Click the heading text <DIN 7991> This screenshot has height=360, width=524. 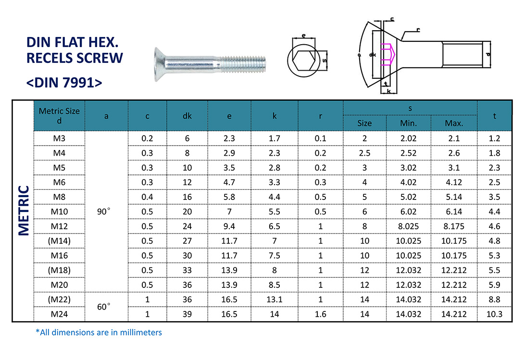click(64, 82)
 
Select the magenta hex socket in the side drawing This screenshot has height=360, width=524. click(387, 55)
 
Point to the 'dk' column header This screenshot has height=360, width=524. click(187, 116)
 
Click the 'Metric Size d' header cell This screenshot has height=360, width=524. click(59, 116)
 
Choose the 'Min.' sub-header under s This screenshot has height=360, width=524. click(408, 123)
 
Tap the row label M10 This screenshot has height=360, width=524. click(59, 211)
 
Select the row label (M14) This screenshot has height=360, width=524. click(59, 241)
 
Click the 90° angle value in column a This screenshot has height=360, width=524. click(106, 211)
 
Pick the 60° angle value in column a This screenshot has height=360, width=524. click(106, 307)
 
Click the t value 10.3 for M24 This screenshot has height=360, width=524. click(494, 314)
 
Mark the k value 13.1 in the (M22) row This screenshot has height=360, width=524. click(274, 299)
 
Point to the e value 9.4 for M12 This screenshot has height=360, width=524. click(229, 226)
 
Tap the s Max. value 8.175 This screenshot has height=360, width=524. click(453, 226)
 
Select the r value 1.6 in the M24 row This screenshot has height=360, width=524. click(320, 314)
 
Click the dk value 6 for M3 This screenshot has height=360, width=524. click(187, 138)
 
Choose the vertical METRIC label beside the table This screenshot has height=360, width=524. click(25, 211)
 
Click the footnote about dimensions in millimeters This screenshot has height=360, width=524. click(99, 332)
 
